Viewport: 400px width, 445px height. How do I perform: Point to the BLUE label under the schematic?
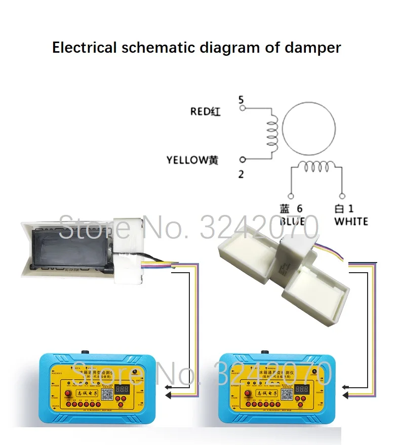[292, 221]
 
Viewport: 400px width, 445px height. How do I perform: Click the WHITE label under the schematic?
[351, 221]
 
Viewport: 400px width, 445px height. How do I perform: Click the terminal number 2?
[241, 174]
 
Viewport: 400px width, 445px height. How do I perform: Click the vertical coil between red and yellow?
[273, 133]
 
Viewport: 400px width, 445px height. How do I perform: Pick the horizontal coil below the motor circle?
[316, 166]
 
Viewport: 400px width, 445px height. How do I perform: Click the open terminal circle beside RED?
[242, 108]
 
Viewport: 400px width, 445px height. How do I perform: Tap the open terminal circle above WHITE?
[342, 195]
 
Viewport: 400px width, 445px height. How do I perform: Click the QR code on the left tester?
[105, 394]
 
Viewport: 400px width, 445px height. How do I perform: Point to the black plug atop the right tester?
[263, 353]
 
